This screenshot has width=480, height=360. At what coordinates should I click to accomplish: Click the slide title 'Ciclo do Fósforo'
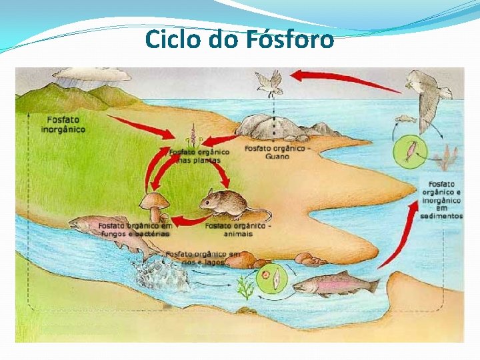239,40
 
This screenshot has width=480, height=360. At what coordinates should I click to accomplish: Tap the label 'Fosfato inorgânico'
63,124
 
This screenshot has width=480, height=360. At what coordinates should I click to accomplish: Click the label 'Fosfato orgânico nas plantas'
199,156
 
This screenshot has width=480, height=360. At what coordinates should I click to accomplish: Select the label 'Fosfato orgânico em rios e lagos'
203,258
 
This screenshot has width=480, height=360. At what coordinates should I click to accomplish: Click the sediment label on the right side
441,199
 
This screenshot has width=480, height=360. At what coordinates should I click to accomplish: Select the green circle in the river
272,279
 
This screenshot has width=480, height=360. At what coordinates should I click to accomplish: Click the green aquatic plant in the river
246,289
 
